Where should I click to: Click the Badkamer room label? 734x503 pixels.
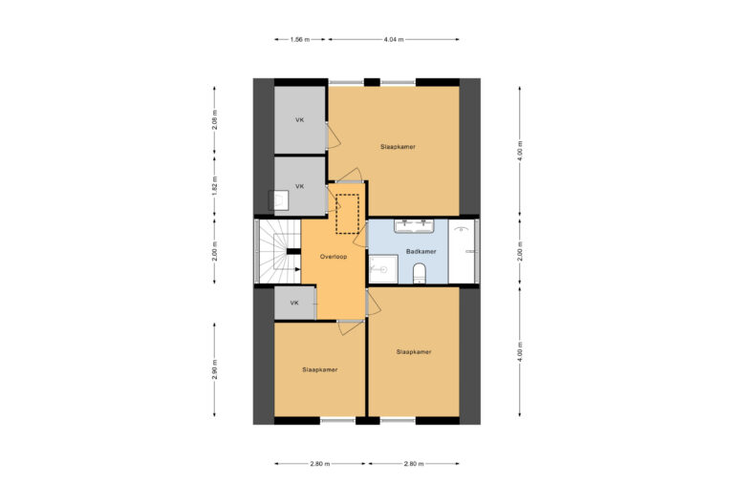click(x=421, y=252)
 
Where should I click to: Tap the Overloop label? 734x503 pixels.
click(x=333, y=257)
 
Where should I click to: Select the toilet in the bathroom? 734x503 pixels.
click(x=419, y=276)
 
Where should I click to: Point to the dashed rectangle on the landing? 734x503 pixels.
click(x=346, y=212)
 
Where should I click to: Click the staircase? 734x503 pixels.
click(x=278, y=252)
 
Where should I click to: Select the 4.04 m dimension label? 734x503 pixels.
click(x=393, y=39)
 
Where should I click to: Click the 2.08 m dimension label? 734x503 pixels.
click(x=215, y=119)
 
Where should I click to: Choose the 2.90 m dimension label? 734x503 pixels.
click(x=215, y=369)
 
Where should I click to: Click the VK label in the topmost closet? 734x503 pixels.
click(x=299, y=120)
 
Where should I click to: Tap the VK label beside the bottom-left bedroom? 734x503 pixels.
click(x=294, y=303)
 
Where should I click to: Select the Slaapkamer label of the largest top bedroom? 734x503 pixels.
click(x=399, y=147)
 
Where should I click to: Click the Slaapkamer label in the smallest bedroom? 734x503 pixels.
click(x=319, y=369)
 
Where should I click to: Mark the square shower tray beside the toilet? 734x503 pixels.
click(x=383, y=269)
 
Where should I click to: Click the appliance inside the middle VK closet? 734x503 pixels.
click(x=281, y=200)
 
